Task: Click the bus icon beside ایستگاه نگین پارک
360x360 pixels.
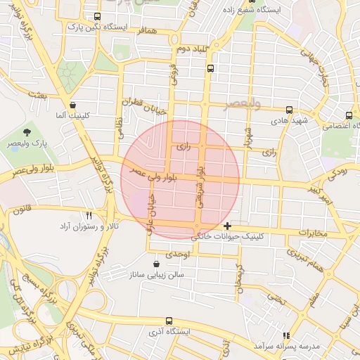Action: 97,16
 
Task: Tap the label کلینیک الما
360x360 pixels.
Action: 70,114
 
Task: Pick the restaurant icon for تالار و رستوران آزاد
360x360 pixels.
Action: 89,215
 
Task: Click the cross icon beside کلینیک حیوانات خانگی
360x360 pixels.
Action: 226,226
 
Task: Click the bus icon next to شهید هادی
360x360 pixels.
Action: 290,110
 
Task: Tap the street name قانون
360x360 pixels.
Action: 22,208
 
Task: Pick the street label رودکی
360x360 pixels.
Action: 336,172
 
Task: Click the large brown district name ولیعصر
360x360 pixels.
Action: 242,105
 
